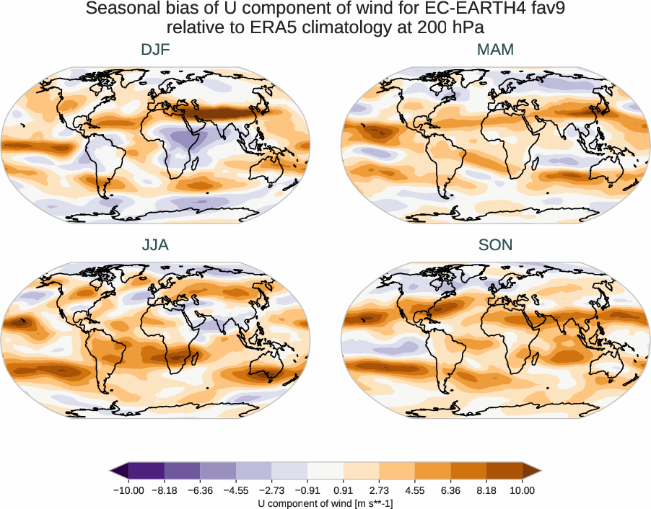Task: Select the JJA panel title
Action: point(155,245)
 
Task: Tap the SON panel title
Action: point(496,245)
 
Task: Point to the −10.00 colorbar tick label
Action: point(129,490)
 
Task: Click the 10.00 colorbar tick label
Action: point(523,490)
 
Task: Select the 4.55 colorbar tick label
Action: point(415,490)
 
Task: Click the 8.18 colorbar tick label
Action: point(486,490)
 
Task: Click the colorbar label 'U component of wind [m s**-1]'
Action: point(325,503)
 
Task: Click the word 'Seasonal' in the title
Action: point(120,9)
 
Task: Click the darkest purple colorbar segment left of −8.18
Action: point(147,472)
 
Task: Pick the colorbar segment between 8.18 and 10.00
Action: point(504,472)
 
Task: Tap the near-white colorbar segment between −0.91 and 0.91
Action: point(325,472)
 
